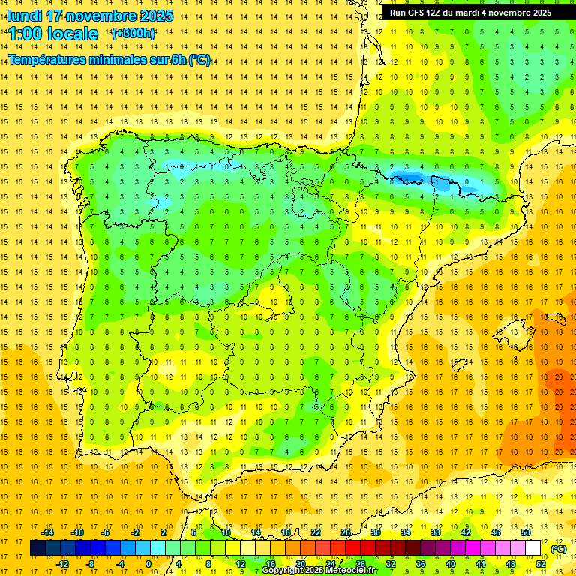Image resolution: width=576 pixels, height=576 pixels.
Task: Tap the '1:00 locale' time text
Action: pyautogui.click(x=53, y=34)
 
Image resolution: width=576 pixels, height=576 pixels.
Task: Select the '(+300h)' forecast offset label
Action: pyautogui.click(x=133, y=34)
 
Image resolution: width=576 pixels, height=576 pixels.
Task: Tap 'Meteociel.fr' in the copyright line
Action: pyautogui.click(x=347, y=571)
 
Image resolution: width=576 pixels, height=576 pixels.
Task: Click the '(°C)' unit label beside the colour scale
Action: pyautogui.click(x=559, y=549)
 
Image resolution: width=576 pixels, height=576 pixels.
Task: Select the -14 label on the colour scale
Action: pyautogui.click(x=47, y=532)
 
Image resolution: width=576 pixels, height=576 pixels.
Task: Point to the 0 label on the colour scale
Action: pyautogui.click(x=148, y=564)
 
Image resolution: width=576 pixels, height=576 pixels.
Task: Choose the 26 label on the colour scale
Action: pyautogui.click(x=346, y=532)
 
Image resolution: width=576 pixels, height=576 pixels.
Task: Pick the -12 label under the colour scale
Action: pyautogui.click(x=63, y=564)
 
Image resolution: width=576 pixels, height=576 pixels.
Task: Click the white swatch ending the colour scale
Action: pyautogui.click(x=533, y=548)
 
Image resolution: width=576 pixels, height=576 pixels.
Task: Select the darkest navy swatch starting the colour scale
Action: pyautogui.click(x=37, y=548)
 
